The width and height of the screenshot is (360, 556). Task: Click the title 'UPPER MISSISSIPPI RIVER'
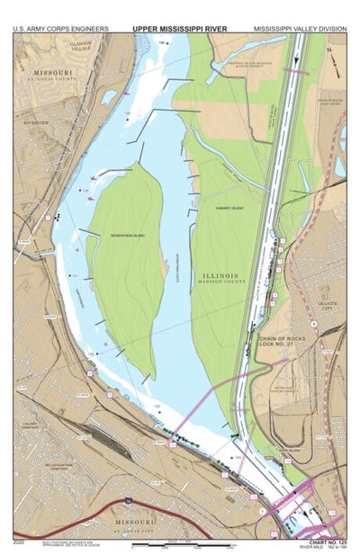[179, 29]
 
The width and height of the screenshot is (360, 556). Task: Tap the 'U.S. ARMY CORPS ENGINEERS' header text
[60, 29]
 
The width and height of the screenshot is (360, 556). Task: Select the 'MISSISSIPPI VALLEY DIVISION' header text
[300, 29]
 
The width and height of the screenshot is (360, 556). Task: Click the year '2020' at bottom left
[20, 542]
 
